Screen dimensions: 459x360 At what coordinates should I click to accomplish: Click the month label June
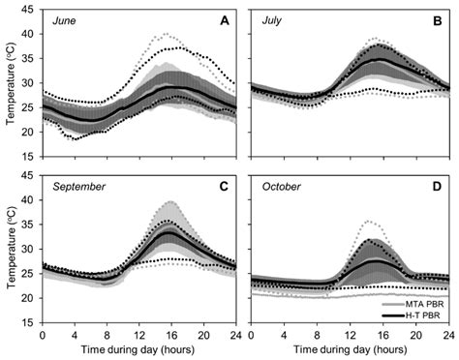[64, 21]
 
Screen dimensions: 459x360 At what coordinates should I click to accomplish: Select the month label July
[271, 20]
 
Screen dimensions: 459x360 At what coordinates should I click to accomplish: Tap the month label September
[79, 187]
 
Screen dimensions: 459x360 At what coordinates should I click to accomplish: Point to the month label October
[281, 187]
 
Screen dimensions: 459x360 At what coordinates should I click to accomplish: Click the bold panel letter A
[225, 21]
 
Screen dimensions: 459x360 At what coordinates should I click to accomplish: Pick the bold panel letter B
[438, 21]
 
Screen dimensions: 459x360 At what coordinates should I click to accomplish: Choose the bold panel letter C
[224, 187]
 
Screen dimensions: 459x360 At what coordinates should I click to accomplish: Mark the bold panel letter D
[437, 187]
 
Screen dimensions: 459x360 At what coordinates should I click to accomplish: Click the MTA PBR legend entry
[413, 304]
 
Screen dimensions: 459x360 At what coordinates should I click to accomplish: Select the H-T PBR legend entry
[411, 315]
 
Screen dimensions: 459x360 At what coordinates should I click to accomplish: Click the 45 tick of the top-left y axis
[27, 10]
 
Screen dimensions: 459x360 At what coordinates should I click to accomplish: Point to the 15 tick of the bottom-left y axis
[27, 322]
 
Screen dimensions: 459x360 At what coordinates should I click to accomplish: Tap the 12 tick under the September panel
[139, 336]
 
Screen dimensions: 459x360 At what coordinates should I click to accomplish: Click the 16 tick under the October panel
[383, 336]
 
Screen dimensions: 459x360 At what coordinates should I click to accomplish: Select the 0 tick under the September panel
[43, 336]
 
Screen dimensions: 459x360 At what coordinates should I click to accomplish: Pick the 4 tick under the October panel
[284, 336]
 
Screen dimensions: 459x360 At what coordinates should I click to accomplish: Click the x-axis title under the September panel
[138, 349]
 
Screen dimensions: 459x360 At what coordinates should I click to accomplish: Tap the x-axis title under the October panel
[351, 349]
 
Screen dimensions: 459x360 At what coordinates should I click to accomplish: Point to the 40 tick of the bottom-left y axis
[27, 200]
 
